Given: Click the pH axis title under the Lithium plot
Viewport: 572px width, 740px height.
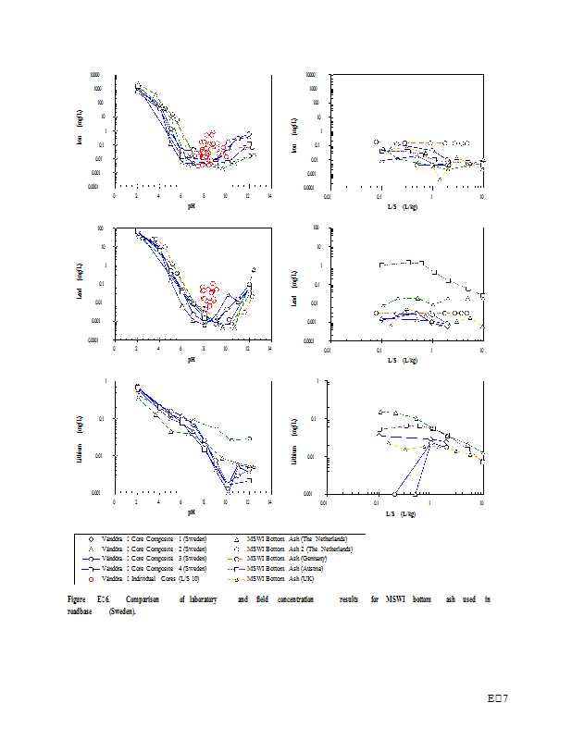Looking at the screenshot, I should coord(192,512).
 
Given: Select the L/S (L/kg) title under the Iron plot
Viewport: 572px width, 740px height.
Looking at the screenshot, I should coord(403,205).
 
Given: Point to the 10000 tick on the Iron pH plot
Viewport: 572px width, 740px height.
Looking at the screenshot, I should coord(95,75).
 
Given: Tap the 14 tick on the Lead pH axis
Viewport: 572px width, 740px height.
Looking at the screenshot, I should coord(269,350).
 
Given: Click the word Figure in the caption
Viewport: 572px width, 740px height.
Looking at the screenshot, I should coord(77,600).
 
